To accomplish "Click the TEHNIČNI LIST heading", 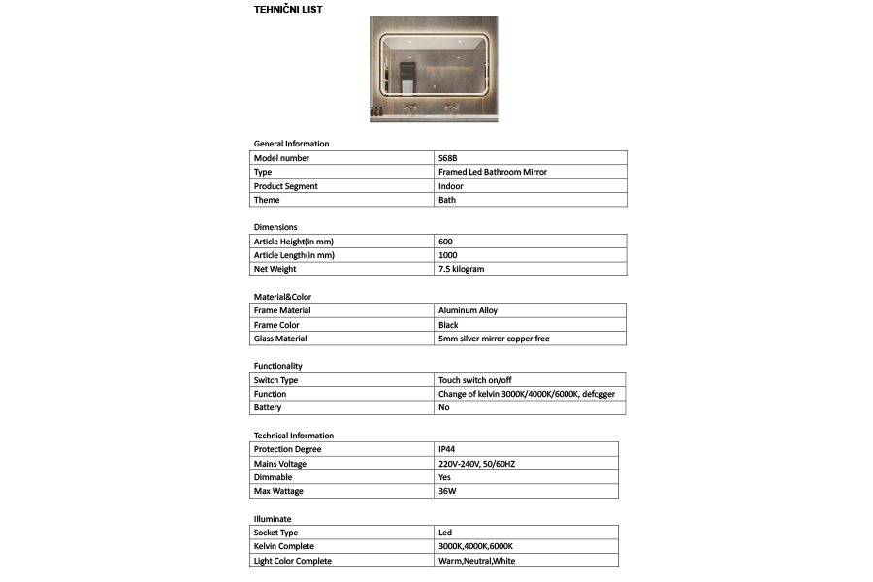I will point(288,10).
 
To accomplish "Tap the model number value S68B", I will point(448,158).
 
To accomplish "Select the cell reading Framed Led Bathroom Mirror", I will point(492,172).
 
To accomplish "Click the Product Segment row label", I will point(285,186).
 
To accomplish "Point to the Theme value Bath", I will point(446,200).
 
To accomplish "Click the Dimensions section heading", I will point(275,227).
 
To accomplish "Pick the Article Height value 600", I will point(445,242).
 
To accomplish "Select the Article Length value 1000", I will point(447,255).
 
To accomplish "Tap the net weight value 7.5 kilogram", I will point(461,269).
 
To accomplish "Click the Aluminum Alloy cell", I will point(468,310).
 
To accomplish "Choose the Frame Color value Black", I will point(448,325).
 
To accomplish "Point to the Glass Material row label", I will point(280,339).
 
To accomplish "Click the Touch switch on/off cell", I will point(474,380).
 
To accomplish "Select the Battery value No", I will point(444,407).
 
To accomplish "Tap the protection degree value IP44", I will point(447,450).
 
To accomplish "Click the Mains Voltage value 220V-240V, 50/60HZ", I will point(476,464).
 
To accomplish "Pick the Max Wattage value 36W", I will point(447,492).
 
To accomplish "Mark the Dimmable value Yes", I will point(445,477).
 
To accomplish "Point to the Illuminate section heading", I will point(273,519).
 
